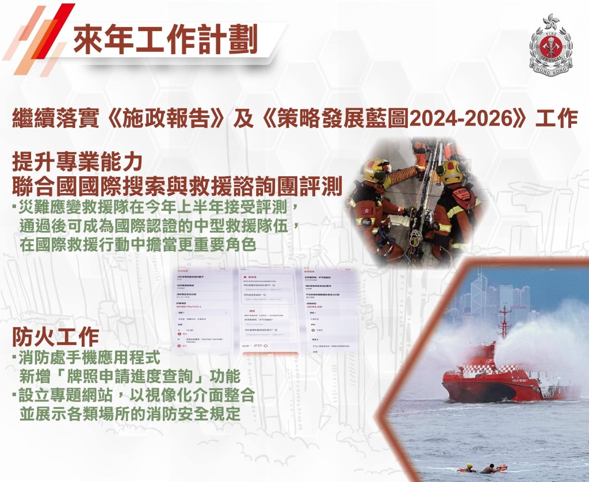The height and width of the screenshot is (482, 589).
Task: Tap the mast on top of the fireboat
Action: (504, 322)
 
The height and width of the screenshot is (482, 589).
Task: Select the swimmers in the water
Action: (483, 468)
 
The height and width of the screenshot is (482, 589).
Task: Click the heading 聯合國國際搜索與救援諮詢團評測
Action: (177, 186)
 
